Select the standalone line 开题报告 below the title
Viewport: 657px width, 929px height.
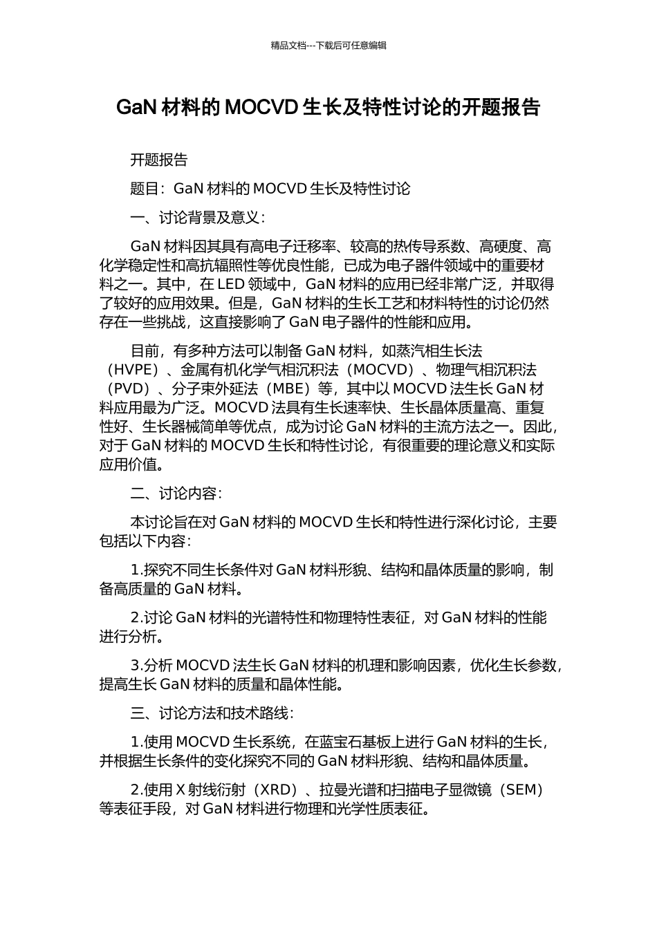pos(159,160)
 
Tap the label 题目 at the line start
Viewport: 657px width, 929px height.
pos(145,189)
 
